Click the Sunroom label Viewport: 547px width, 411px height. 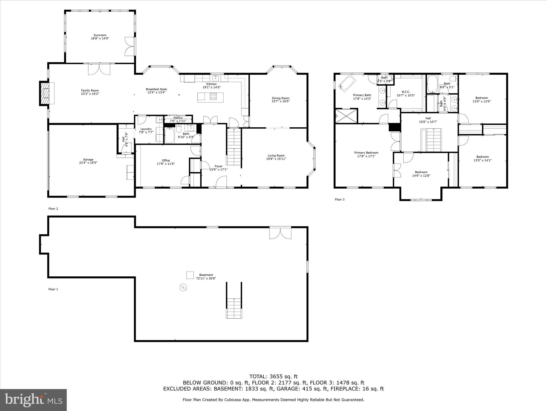(100, 35)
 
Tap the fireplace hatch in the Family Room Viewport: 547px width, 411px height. (45, 93)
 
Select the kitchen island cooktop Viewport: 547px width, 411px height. (213, 96)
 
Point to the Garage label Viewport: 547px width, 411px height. (88, 159)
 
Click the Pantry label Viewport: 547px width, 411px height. (178, 118)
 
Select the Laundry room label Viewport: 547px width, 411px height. (146, 129)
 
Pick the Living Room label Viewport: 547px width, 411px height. (276, 155)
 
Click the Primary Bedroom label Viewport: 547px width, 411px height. (366, 153)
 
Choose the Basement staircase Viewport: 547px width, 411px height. (234, 308)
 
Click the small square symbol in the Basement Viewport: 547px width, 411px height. (190, 275)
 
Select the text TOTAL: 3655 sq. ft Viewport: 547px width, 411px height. (273, 377)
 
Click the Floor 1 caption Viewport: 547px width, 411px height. (53, 289)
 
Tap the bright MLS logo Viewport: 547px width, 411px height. (33, 400)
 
